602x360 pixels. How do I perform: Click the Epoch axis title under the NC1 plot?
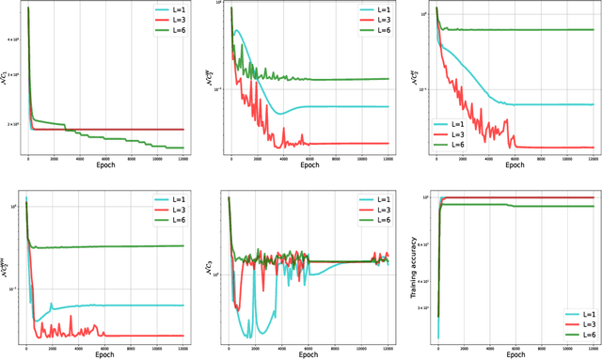(x=105, y=165)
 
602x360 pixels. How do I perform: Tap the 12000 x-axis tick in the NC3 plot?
(x=387, y=346)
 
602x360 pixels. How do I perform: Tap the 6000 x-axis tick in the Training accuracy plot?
(x=514, y=346)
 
